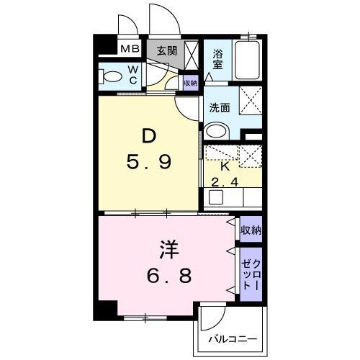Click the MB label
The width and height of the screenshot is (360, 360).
(x=130, y=50)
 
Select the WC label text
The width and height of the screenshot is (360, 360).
(x=133, y=75)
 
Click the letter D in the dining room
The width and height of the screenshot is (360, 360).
(x=148, y=136)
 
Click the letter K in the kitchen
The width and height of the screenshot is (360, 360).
(x=225, y=165)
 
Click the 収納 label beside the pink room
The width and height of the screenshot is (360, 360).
(x=250, y=230)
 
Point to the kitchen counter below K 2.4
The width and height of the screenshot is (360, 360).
(x=232, y=197)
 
